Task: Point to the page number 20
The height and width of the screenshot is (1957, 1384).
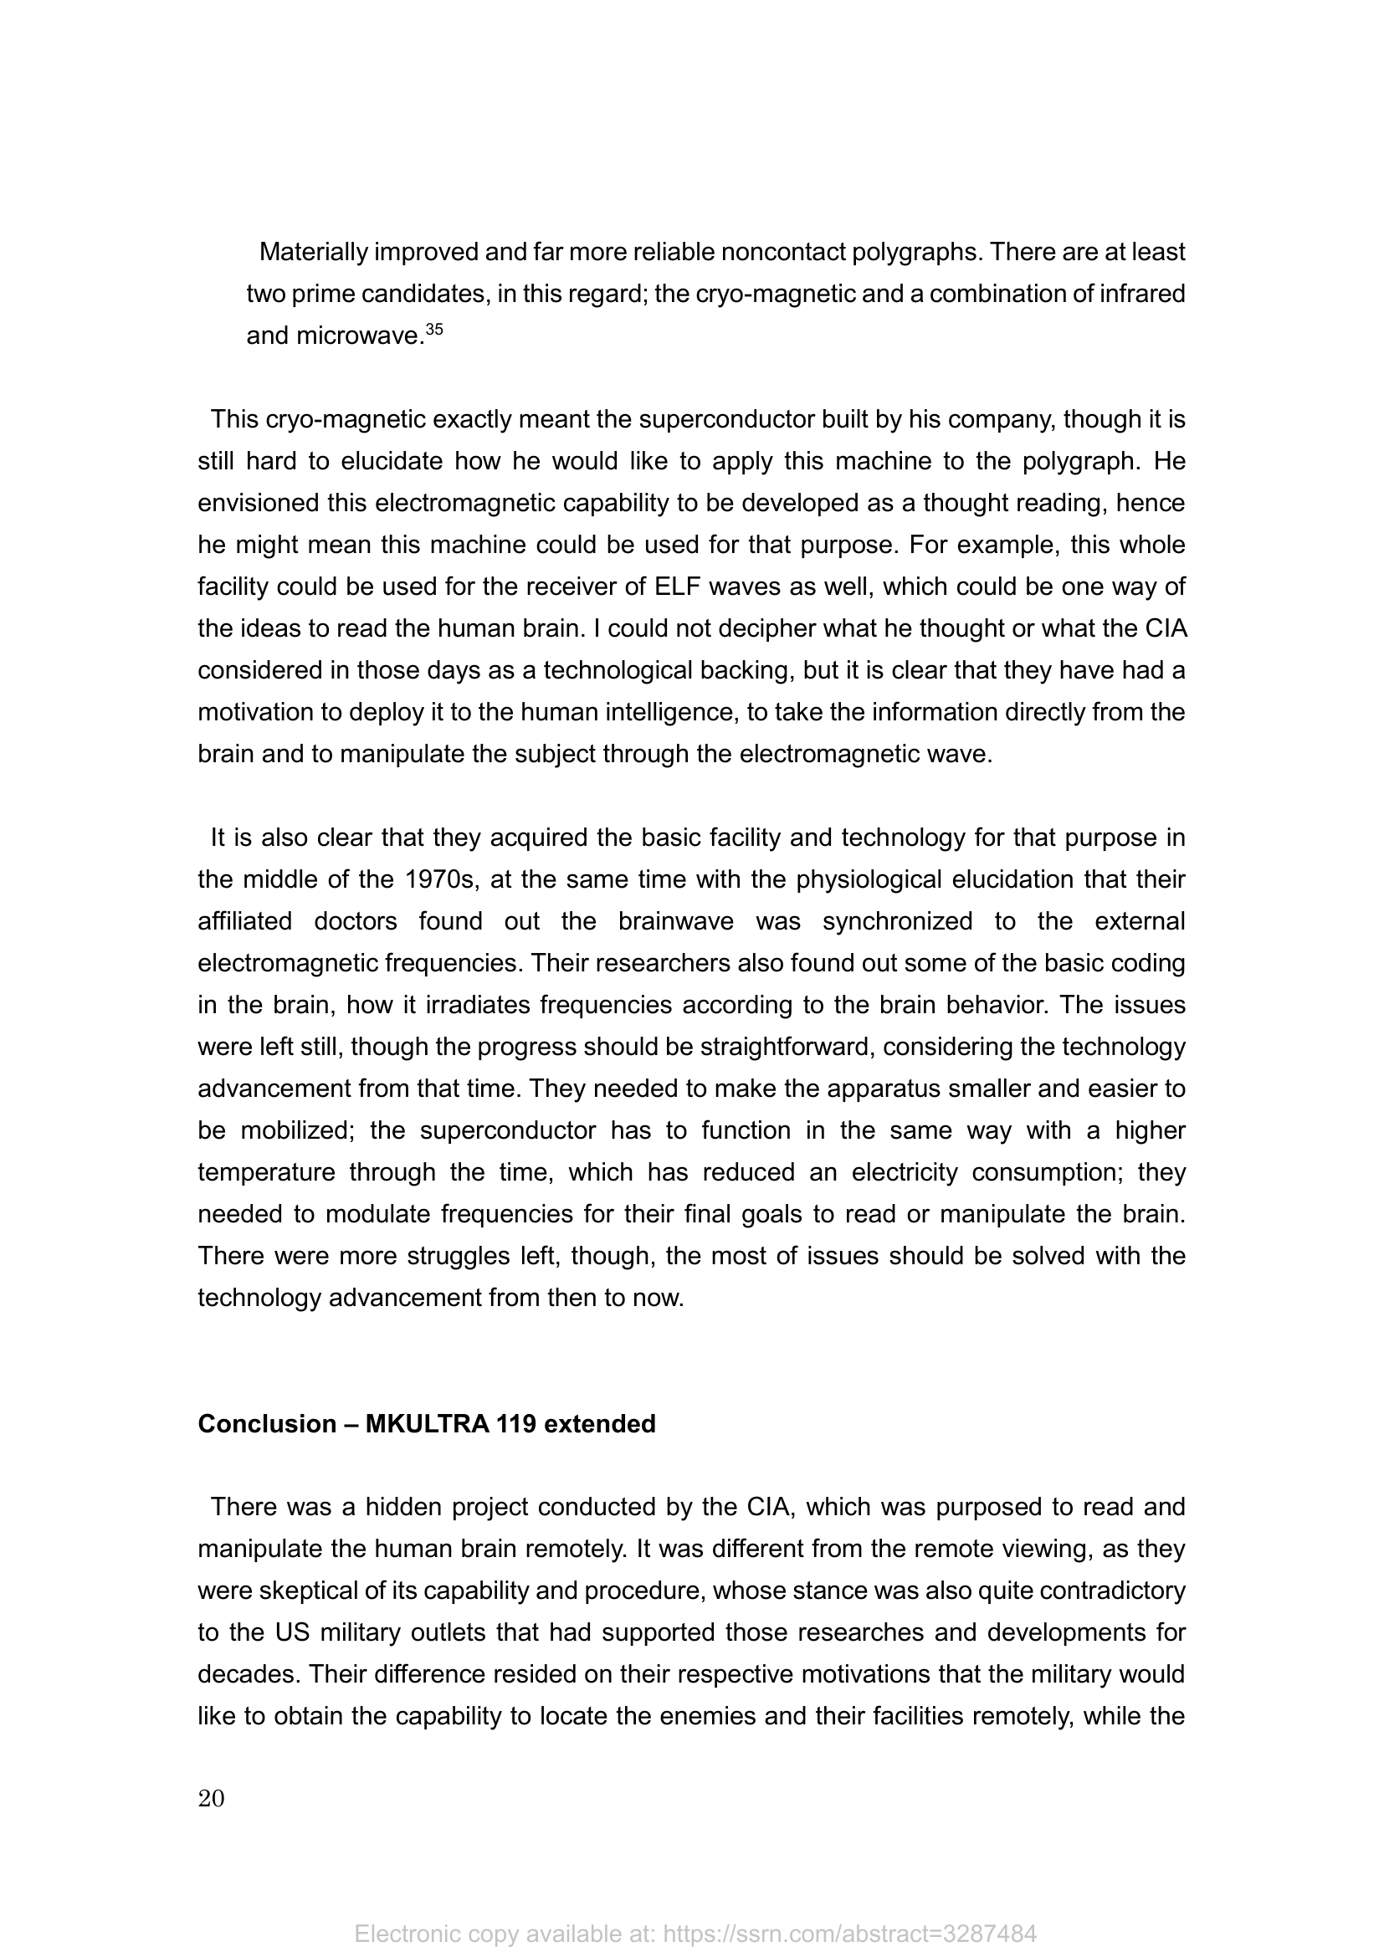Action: [212, 1799]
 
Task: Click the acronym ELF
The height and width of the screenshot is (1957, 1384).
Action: [679, 587]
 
